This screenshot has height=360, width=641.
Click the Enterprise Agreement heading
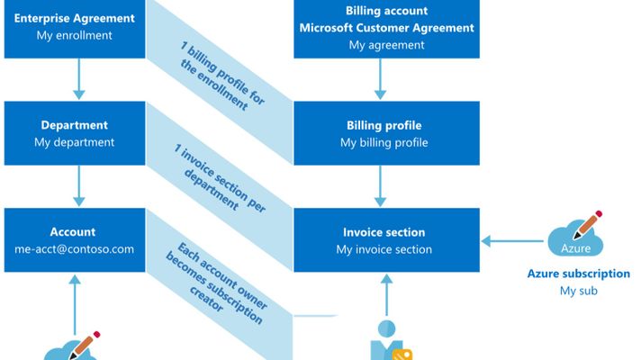pyautogui.click(x=75, y=18)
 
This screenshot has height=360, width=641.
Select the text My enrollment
pyautogui.click(x=75, y=35)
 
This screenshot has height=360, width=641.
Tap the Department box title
pyautogui.click(x=75, y=124)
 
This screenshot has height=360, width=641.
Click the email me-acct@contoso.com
pyautogui.click(x=75, y=249)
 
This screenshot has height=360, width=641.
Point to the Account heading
pyautogui.click(x=73, y=231)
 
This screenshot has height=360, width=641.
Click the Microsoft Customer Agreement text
pyautogui.click(x=387, y=28)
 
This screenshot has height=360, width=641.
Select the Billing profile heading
pyautogui.click(x=384, y=125)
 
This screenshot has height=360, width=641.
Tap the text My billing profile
pyautogui.click(x=384, y=142)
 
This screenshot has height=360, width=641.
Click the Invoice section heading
pyautogui.click(x=384, y=232)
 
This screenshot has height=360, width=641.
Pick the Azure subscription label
pyautogui.click(x=579, y=274)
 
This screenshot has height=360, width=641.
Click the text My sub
pyautogui.click(x=579, y=291)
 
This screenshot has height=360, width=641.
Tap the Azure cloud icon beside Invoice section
pyautogui.click(x=575, y=235)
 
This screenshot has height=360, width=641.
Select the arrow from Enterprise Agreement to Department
pyautogui.click(x=79, y=79)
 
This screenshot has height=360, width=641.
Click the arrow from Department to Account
pyautogui.click(x=79, y=186)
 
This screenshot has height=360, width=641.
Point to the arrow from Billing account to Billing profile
pyautogui.click(x=380, y=79)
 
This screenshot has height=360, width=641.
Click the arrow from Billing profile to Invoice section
pyautogui.click(x=380, y=186)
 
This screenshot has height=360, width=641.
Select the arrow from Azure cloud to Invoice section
pyautogui.click(x=512, y=241)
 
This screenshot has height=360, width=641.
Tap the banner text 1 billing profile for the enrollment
pyautogui.click(x=222, y=76)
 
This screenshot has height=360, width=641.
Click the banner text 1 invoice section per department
pyautogui.click(x=220, y=178)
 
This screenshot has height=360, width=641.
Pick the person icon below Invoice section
pyautogui.click(x=391, y=340)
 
